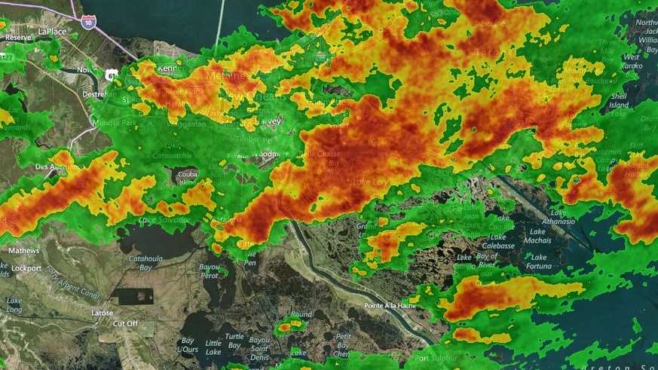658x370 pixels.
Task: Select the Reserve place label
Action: coord(18,37)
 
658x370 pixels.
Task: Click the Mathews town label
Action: coord(24,250)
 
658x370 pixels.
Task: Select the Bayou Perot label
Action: coord(210,270)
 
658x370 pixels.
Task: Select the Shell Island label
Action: coord(620,100)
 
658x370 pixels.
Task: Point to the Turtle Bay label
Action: coord(234,340)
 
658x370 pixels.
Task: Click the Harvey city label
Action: coord(273,120)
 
